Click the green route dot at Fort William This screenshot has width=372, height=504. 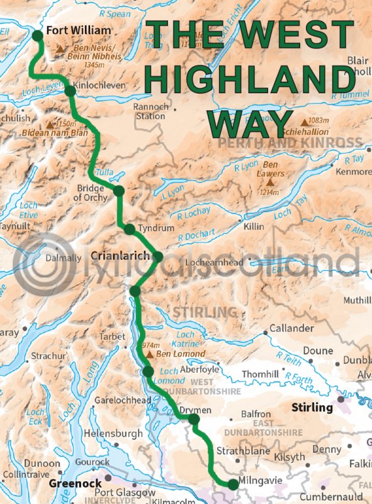[37, 35]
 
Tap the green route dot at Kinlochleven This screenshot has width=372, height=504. [70, 91]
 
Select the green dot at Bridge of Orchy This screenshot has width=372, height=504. [118, 190]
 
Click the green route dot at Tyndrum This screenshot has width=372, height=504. [129, 229]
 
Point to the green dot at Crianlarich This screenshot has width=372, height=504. [157, 256]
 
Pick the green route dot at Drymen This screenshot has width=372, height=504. [194, 419]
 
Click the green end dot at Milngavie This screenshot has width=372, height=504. [233, 484]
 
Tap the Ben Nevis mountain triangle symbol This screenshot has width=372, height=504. [61, 49]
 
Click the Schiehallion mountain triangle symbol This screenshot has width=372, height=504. [305, 122]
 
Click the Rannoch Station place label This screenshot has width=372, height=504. [150, 112]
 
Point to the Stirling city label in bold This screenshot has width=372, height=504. [312, 408]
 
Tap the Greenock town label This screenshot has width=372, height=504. [67, 484]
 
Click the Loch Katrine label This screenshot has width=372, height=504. [187, 340]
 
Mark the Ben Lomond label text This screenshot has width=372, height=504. [183, 354]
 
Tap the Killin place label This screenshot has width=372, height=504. [255, 225]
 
